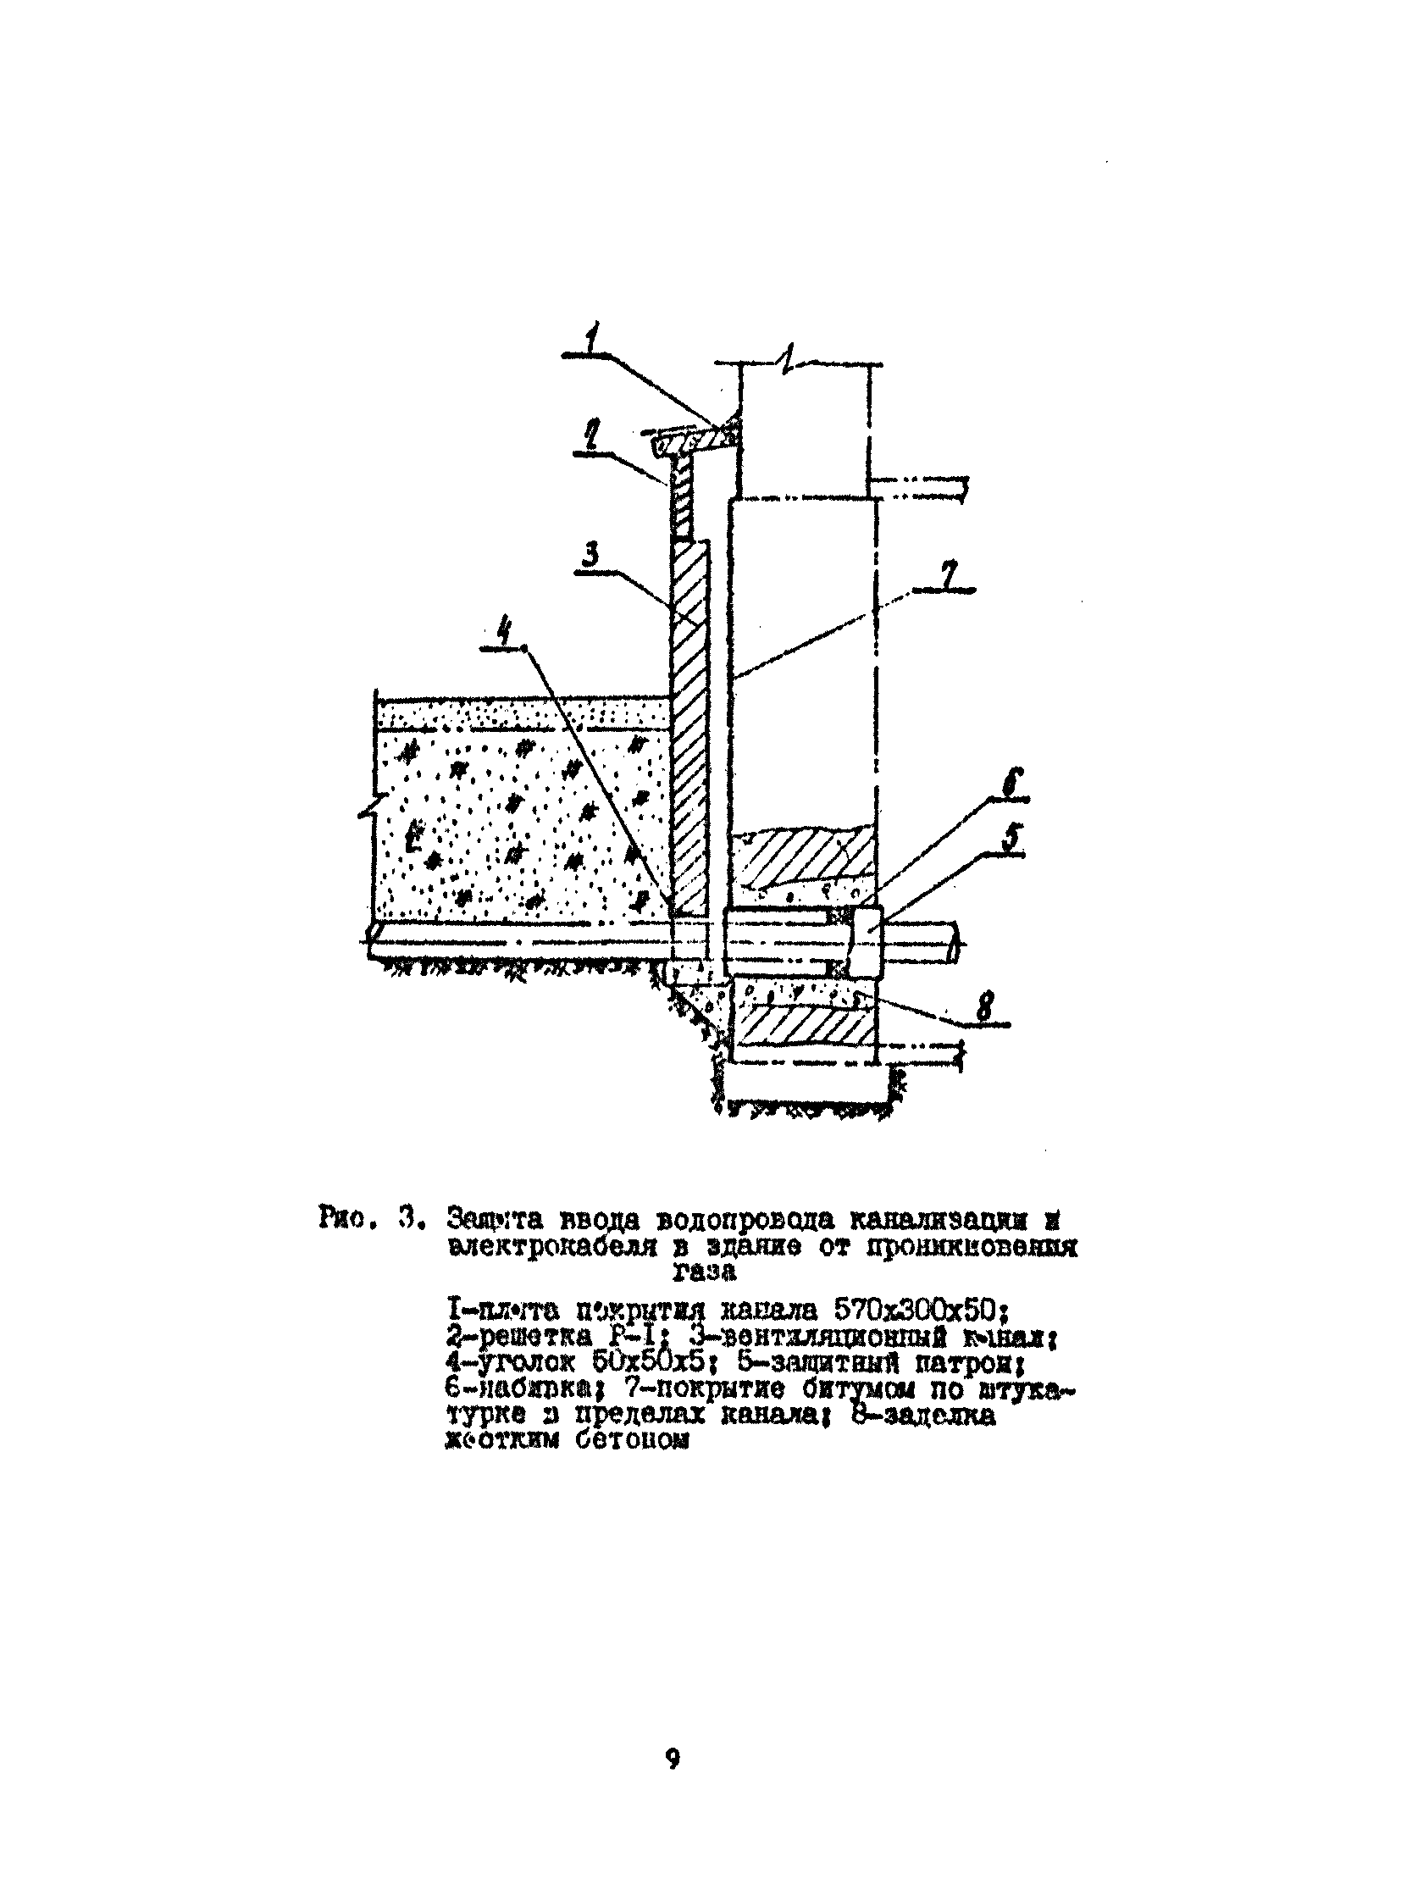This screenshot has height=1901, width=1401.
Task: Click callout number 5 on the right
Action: [1013, 839]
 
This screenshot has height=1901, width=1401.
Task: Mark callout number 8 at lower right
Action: [984, 1010]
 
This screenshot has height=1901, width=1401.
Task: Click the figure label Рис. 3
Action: [368, 1219]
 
